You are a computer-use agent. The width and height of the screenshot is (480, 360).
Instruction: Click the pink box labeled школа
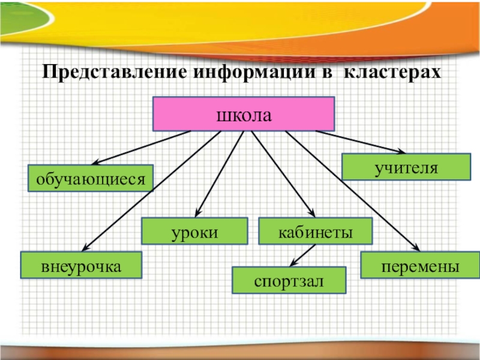point(243,113)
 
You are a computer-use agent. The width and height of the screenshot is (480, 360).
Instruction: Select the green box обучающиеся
point(91,178)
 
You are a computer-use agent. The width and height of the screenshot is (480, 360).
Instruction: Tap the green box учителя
point(406,166)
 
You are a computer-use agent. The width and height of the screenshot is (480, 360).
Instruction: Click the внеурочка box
point(82,265)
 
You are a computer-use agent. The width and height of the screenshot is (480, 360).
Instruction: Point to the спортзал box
point(289,280)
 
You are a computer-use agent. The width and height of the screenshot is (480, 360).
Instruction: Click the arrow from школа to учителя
point(360,142)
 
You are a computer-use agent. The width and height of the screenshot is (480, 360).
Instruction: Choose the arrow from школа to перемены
point(354,192)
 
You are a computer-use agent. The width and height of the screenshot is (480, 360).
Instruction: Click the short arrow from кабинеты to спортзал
point(303,255)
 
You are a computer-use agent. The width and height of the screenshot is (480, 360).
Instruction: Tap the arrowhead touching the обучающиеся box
point(95,162)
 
